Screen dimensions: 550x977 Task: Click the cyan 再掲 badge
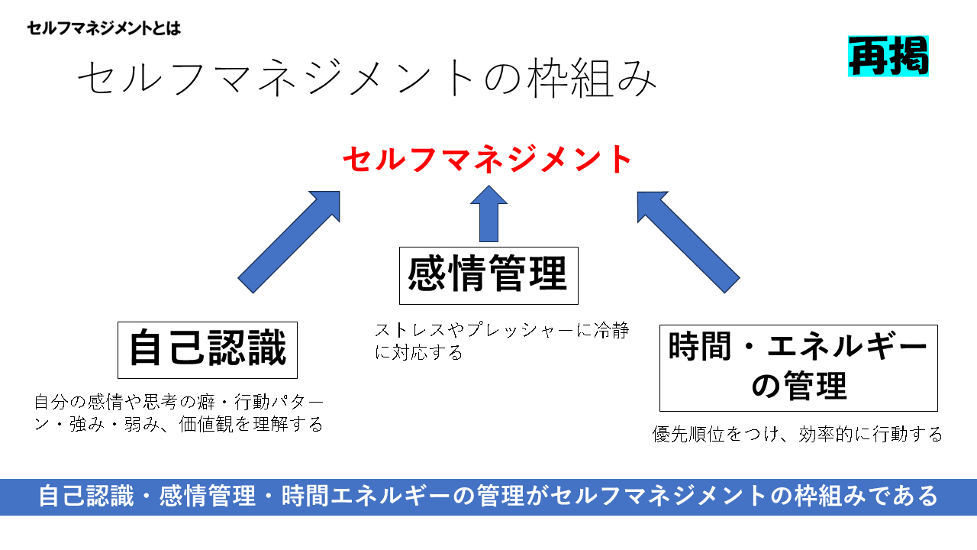click(x=888, y=56)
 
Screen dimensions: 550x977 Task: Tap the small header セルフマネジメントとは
click(x=104, y=29)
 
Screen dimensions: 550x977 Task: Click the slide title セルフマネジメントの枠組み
click(x=366, y=79)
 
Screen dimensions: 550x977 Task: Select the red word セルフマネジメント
click(x=488, y=160)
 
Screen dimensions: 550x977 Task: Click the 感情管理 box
click(x=488, y=275)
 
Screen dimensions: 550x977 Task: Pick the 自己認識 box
click(x=207, y=350)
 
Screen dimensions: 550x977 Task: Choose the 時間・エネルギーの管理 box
click(x=798, y=368)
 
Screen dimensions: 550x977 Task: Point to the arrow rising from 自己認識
click(x=289, y=241)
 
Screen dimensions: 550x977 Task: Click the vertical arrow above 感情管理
click(x=488, y=214)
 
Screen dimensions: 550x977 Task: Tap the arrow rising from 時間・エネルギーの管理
click(x=688, y=241)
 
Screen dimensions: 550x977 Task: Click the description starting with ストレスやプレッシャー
click(x=501, y=341)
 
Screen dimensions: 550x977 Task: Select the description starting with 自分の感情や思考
click(x=179, y=412)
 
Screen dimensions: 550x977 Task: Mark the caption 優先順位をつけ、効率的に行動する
click(x=798, y=435)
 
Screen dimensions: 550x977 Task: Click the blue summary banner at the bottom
click(x=488, y=497)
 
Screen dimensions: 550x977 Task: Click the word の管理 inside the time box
click(x=798, y=387)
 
